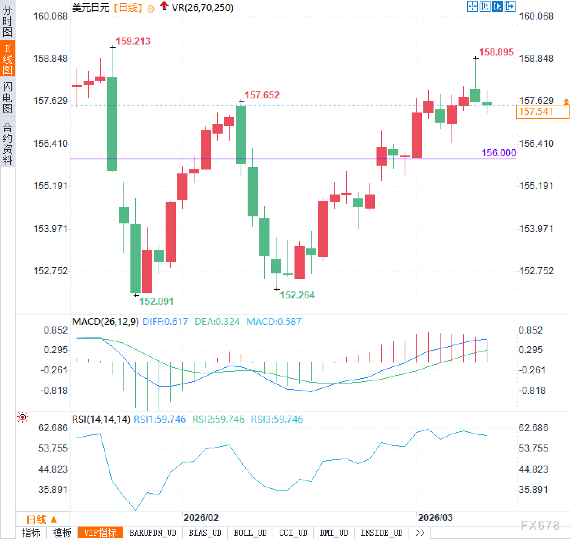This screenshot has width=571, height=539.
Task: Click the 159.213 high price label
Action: [x=133, y=41]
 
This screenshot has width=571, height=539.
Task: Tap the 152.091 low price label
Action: [x=156, y=301]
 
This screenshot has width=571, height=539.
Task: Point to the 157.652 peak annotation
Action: [x=262, y=95]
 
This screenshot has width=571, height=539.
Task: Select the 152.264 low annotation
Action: [x=297, y=295]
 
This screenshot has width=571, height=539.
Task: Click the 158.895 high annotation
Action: [x=496, y=52]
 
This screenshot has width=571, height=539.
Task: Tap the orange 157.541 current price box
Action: [x=542, y=112]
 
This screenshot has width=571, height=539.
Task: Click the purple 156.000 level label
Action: [x=498, y=153]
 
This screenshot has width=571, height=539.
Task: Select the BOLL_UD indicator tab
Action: [x=250, y=533]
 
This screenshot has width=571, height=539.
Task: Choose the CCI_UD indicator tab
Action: [x=293, y=533]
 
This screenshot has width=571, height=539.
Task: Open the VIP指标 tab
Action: [x=100, y=533]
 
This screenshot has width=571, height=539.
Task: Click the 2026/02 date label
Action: [x=201, y=518]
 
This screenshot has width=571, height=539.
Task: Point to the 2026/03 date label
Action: [x=435, y=518]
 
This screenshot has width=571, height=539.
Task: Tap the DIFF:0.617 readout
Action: [x=165, y=321]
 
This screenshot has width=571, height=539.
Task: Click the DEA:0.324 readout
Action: [x=217, y=321]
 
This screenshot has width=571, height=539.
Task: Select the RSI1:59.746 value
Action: [x=160, y=419]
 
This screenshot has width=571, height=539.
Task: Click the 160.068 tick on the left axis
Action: [x=50, y=16]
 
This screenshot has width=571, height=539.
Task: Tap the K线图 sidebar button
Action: [x=7, y=59]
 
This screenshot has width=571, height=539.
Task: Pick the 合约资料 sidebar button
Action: [x=7, y=143]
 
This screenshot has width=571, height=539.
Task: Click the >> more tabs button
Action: [x=420, y=533]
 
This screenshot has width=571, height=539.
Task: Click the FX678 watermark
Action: [x=540, y=525]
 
